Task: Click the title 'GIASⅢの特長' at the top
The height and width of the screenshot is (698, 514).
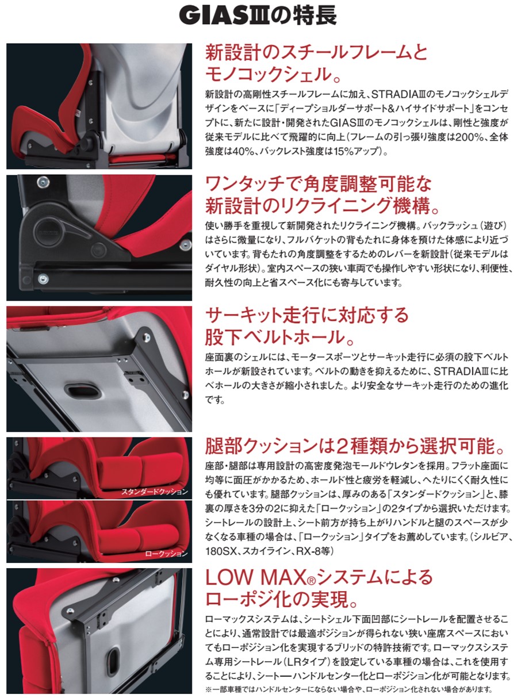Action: pyautogui.click(x=257, y=16)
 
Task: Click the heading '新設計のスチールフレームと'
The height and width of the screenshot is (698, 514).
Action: pyautogui.click(x=316, y=53)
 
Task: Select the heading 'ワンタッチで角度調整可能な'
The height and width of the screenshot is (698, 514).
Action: pyautogui.click(x=318, y=185)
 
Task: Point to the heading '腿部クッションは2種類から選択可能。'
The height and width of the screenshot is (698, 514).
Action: pyautogui.click(x=356, y=446)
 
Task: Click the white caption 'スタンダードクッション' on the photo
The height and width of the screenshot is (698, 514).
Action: pyautogui.click(x=155, y=492)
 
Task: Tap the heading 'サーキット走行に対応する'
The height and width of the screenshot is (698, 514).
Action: pyautogui.click(x=306, y=315)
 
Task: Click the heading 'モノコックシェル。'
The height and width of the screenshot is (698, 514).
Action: pyautogui.click(x=274, y=74)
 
